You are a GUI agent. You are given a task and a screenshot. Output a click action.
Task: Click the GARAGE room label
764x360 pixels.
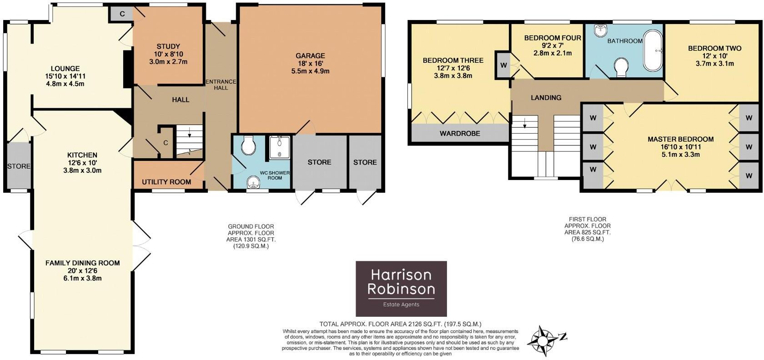tap(312, 56)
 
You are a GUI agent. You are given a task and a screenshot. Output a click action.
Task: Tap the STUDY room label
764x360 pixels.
tap(168, 46)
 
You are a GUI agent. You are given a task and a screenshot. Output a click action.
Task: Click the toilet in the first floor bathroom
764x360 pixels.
tap(621, 68)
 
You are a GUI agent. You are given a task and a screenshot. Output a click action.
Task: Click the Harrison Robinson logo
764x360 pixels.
tap(401, 289)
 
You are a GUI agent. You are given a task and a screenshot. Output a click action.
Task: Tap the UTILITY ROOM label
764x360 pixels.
tap(166, 182)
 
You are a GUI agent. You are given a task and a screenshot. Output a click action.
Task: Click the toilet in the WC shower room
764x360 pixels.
tap(248, 145)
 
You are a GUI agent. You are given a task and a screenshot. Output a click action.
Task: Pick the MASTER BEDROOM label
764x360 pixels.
tap(680, 139)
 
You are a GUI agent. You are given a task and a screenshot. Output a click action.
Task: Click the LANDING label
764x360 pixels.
tap(546, 98)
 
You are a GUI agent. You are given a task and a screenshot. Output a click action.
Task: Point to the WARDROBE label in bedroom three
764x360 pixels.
tap(459, 134)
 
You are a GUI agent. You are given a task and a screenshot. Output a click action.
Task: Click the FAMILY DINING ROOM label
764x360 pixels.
tap(82, 263)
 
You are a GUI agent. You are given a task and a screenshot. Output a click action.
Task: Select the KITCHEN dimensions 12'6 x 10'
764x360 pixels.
tap(82, 163)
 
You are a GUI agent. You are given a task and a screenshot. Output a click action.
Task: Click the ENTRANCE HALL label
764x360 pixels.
tap(221, 85)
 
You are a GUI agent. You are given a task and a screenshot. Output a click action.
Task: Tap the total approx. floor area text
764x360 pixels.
tap(400, 324)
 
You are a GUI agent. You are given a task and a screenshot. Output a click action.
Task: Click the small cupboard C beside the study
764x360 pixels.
tap(122, 14)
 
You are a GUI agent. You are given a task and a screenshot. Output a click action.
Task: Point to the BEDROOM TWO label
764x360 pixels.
tap(714, 48)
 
